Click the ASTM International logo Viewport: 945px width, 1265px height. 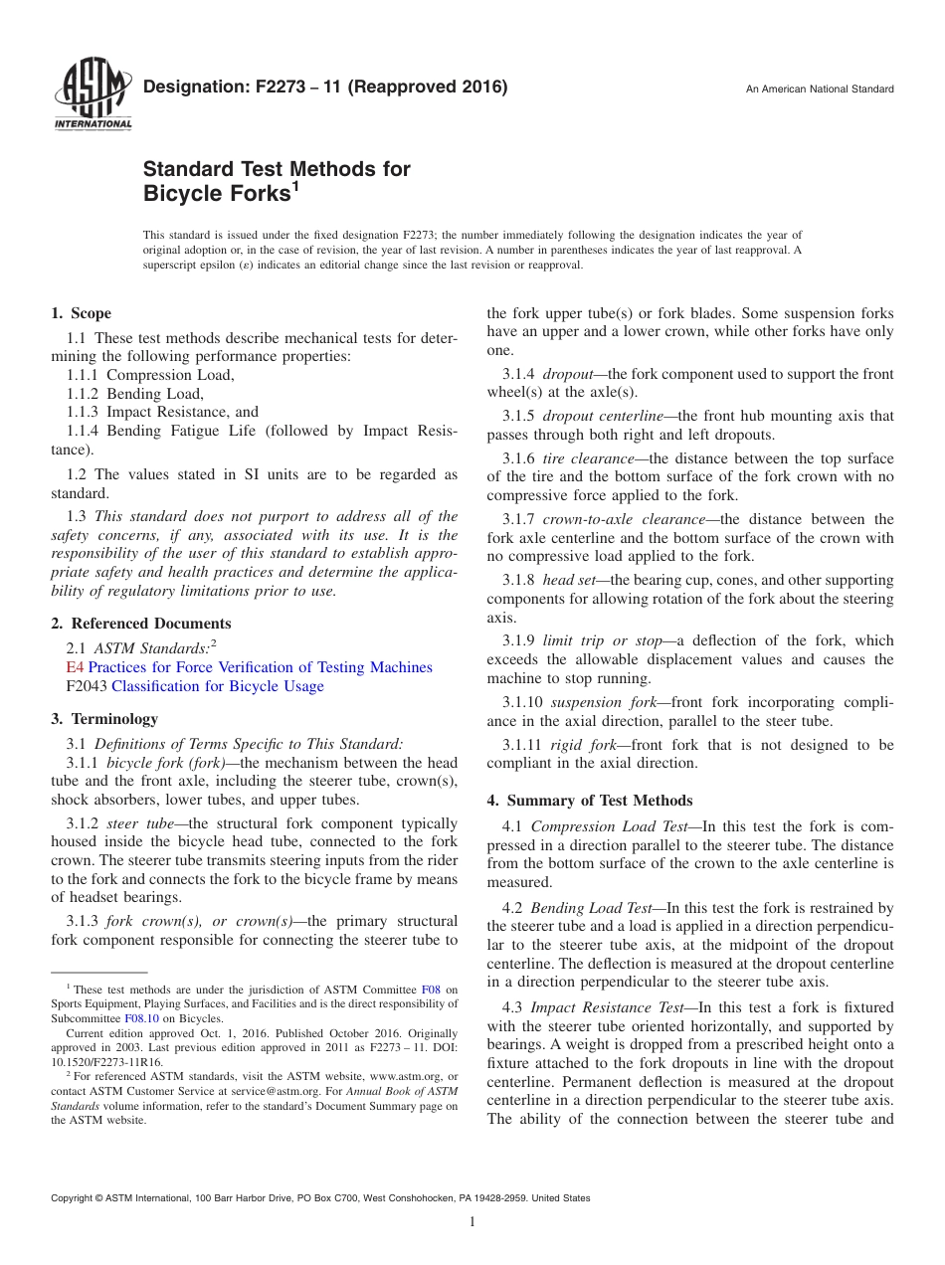tap(93, 95)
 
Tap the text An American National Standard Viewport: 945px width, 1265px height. tap(820, 90)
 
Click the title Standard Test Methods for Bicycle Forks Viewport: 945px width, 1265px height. tap(277, 180)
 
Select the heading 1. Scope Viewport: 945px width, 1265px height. tap(82, 313)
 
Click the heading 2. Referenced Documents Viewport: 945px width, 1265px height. tap(141, 624)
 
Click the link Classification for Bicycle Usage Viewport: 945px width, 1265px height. tap(218, 686)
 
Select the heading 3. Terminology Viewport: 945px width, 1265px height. tap(104, 719)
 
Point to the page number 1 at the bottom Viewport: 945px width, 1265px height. tap(472, 1222)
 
